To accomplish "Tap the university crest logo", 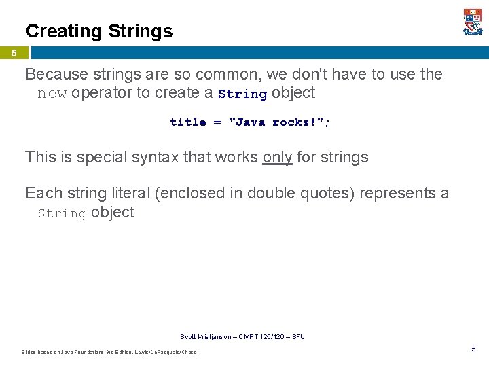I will pos(473,22).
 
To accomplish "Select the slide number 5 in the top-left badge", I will pos(14,53).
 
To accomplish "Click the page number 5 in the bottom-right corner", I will pos(474,349).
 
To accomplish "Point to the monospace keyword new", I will pos(52,94).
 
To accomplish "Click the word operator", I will pos(101,93).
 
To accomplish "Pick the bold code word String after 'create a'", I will pos(242,94).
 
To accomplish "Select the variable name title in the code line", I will pos(187,122).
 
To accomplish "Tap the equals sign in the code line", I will pos(217,122).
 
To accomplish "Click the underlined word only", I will pos(277,158).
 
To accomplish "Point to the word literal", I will pos(130,194).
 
